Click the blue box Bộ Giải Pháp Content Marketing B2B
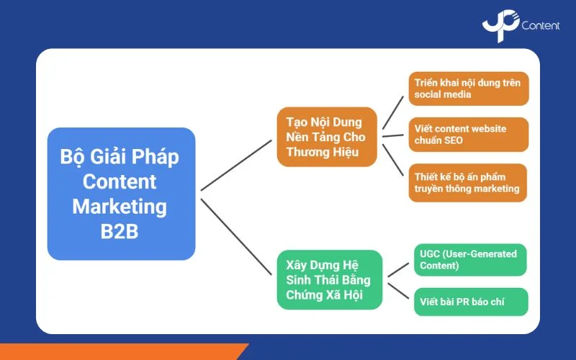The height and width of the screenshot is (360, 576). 121,194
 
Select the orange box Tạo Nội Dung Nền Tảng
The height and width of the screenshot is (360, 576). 327,137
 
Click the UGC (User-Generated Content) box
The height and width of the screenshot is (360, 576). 469,260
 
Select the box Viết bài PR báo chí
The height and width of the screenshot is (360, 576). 469,302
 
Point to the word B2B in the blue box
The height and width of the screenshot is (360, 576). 120,232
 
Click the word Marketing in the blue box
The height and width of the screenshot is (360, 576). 120,207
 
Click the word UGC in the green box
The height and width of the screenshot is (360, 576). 432,253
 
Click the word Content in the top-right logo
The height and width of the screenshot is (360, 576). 541,27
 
